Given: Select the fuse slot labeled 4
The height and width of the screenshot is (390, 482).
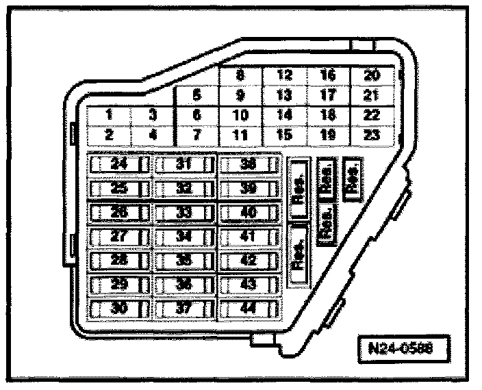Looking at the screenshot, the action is pos(152,135).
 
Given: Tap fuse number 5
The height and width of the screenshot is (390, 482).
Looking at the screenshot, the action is pos(197,96).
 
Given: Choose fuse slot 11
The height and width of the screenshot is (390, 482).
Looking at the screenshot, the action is pos(239,135).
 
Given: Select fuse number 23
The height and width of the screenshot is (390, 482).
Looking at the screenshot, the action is pos(372,135).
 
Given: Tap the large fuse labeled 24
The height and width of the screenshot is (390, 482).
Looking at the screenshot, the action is pos(118,165).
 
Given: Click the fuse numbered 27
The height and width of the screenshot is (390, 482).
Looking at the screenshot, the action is pos(118,237).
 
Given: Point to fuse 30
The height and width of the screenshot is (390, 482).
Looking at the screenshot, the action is pos(118,309).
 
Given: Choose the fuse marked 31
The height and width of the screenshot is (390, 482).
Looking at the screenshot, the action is pos(183,165).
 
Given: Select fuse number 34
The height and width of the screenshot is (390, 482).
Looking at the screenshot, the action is pos(183,237).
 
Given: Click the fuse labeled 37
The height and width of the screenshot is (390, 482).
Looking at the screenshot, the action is pos(183,309).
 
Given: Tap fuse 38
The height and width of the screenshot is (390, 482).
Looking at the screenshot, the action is pos(249,165).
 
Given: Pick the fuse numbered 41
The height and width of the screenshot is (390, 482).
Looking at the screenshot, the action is pos(249,237).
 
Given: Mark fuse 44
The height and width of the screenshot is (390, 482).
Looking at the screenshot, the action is pos(249,309).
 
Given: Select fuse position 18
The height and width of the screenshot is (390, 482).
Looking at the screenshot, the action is pos(327,115).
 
